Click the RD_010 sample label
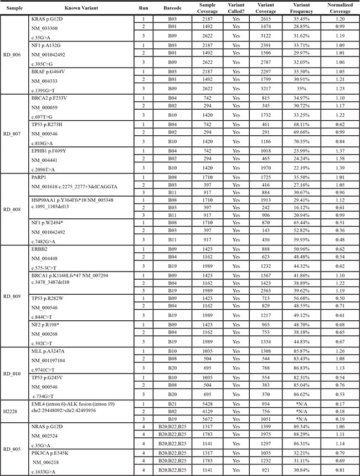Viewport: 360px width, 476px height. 12,373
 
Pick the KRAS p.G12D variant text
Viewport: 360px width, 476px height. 48,19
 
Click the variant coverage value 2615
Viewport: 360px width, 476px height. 260,19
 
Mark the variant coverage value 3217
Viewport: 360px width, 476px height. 260,88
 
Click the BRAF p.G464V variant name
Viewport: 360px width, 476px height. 48,71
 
